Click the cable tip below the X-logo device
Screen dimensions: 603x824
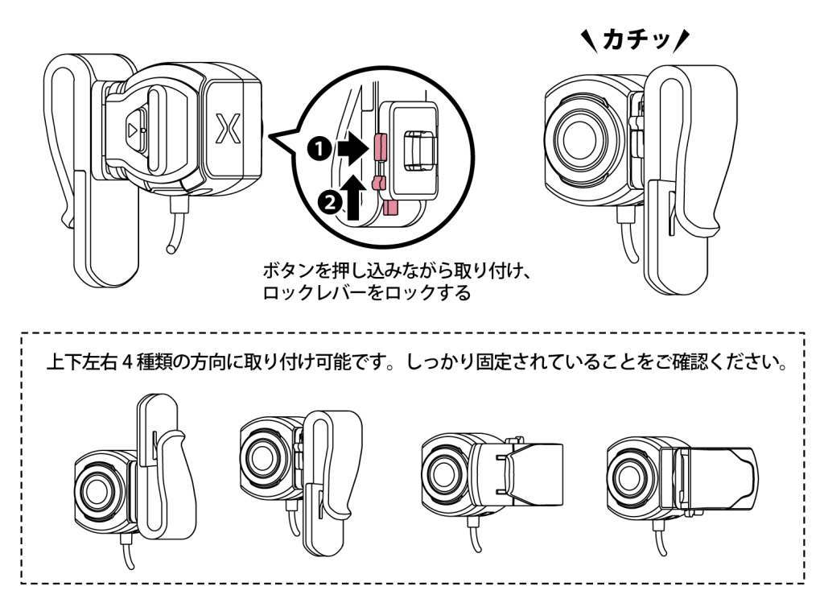pos(172,249)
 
